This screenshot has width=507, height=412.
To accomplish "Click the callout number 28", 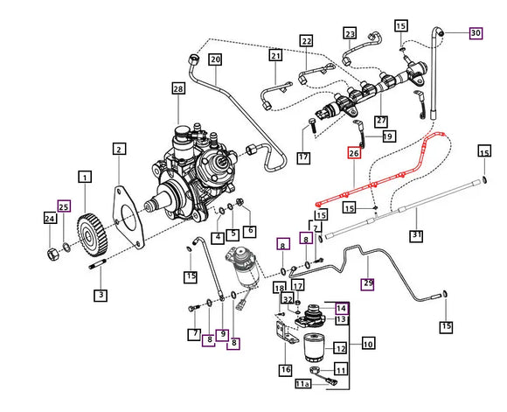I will click(178, 89).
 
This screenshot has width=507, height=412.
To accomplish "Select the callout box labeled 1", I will click(85, 178).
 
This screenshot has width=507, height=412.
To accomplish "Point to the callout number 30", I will click(475, 33).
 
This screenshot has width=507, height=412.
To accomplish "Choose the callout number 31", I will click(416, 236).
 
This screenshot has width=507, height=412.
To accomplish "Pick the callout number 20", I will click(214, 59).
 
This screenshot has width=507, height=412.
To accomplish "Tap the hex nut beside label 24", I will click(52, 254).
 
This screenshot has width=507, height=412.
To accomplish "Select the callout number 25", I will click(63, 206).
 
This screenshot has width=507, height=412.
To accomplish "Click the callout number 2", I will click(118, 150).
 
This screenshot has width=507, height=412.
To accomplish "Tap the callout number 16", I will click(285, 370).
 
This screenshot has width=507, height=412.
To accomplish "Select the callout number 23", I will click(350, 34).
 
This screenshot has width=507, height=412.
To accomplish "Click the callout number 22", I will click(306, 41).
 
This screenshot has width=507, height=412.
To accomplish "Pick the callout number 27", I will click(381, 121).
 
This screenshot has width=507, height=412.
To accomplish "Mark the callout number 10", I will click(368, 343).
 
